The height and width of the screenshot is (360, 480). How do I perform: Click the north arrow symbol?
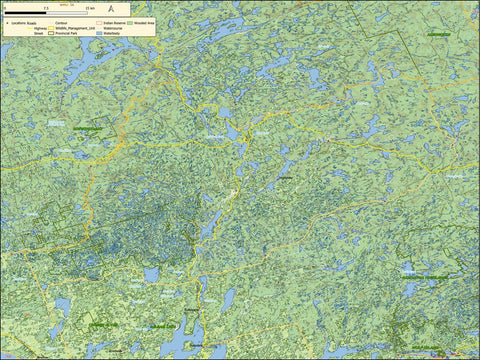112,9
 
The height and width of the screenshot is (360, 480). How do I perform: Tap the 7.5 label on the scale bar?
46,7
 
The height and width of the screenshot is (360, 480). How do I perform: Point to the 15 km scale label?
88,7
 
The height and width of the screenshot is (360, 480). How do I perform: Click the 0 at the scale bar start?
6,7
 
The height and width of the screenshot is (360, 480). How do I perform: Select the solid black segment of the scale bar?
26,13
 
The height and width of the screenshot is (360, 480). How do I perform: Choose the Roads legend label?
33,23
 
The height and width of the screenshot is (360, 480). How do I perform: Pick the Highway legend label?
40,28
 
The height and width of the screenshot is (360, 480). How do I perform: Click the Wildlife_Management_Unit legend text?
74,28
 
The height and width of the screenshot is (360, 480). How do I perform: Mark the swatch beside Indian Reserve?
98,23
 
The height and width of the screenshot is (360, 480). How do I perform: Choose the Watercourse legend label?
112,28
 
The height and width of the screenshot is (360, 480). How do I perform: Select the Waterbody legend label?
110,33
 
